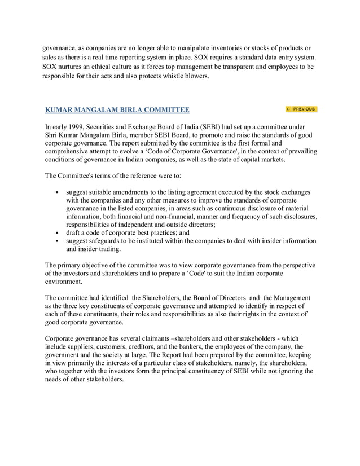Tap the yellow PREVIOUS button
[x=301, y=109]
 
